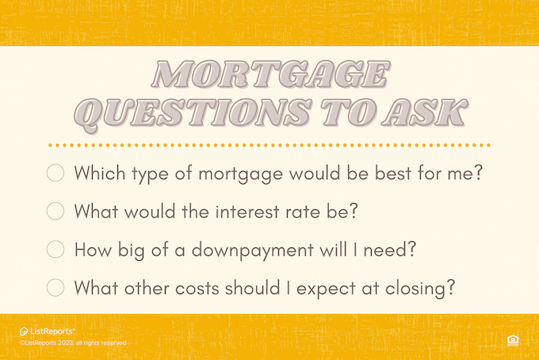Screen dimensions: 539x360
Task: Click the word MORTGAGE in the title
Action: [x=271, y=75]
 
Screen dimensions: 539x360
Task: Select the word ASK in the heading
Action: [x=425, y=113]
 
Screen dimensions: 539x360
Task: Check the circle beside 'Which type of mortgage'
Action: [x=55, y=173]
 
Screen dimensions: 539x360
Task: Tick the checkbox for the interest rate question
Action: [x=55, y=211]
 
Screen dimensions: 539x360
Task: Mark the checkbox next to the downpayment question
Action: [x=55, y=249]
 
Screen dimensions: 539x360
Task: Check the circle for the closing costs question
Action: [x=55, y=288]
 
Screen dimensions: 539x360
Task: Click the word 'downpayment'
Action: [x=253, y=251]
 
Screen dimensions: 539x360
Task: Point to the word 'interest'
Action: [x=247, y=211]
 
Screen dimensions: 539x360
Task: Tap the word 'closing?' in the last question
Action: [x=420, y=288]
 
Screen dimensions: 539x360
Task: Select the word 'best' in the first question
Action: [x=393, y=173]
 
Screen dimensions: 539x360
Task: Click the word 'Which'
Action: [x=100, y=173]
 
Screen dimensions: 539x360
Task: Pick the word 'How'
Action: [x=94, y=249]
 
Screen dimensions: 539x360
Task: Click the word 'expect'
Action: [x=326, y=289]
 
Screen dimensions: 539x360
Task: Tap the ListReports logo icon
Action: [x=24, y=331]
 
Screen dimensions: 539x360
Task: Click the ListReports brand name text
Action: [x=52, y=331]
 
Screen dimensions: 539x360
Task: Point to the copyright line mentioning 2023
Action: [x=73, y=343]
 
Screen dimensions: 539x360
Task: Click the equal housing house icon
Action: [x=513, y=340]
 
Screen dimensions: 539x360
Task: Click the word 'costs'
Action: [x=197, y=288]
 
